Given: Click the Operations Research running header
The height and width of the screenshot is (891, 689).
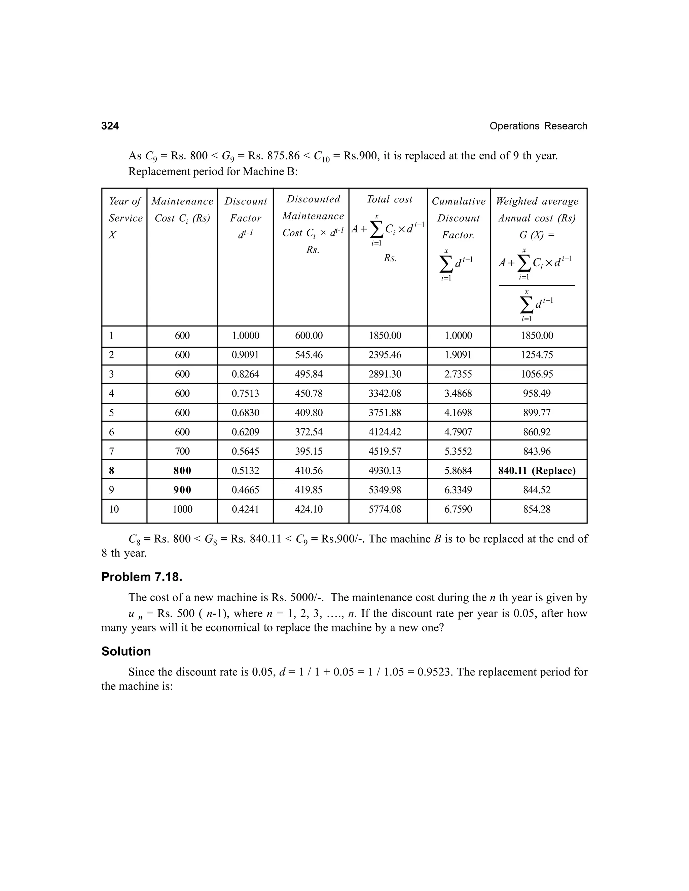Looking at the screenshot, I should click(538, 126).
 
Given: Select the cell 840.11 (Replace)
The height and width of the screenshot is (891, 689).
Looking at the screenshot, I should click(537, 471).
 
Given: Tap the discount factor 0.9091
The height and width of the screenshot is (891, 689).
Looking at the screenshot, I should click(245, 355).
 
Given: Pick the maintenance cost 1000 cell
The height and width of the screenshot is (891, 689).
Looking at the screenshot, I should click(182, 509).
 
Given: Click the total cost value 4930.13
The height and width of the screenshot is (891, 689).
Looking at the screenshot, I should click(385, 471).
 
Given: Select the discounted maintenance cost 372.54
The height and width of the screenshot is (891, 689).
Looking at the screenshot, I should click(309, 432).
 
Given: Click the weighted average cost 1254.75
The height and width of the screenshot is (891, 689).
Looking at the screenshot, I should click(537, 355).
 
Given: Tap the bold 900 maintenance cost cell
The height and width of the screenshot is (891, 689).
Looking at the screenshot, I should click(182, 490).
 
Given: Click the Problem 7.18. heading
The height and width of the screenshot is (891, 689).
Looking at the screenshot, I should click(142, 577).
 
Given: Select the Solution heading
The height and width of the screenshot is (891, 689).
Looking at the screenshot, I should click(126, 652).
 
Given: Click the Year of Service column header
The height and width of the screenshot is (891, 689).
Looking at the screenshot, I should click(125, 218).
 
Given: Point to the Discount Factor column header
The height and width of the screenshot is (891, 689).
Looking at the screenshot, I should click(245, 218).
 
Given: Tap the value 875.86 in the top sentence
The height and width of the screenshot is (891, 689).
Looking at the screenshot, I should click(283, 156).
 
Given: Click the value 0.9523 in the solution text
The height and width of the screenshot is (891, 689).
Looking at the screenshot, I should click(435, 672).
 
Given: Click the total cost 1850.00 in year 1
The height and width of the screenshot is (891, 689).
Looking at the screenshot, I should click(385, 336).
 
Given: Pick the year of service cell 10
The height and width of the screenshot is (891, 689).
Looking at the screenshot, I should click(114, 509).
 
